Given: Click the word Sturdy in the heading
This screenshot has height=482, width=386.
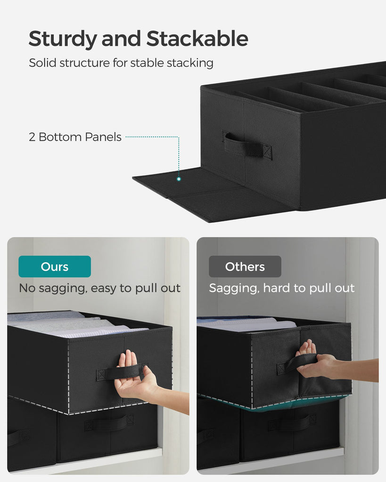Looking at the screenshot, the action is (63, 39).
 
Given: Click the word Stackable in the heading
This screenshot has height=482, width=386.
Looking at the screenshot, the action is (197, 39).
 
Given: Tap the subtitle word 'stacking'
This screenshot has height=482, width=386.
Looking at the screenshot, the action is (190, 63).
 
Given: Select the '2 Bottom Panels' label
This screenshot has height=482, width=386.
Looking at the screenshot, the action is (75, 137).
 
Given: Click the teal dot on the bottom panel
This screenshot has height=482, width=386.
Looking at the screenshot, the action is (179, 179).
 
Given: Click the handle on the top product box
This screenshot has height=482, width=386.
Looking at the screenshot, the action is (247, 145).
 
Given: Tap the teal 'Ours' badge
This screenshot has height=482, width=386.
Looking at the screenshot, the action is (55, 266).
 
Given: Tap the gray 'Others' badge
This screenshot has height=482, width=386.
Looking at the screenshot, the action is (245, 266).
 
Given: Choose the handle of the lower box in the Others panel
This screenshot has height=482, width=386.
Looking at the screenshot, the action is (292, 423).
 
